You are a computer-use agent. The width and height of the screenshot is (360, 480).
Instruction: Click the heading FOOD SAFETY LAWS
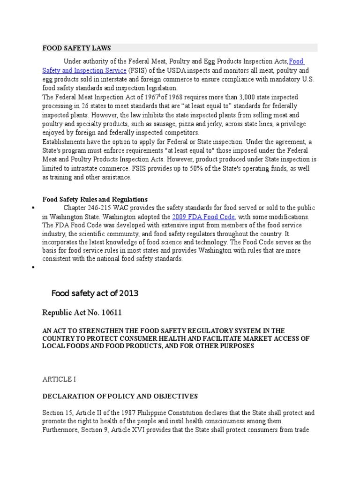pyautogui.click(x=76, y=48)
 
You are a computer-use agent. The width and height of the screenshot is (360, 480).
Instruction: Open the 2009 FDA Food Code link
pyautogui.click(x=203, y=217)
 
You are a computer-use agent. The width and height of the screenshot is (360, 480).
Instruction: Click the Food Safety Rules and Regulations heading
pyautogui.click(x=95, y=199)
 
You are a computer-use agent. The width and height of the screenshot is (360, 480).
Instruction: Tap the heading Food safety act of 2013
pyautogui.click(x=95, y=293)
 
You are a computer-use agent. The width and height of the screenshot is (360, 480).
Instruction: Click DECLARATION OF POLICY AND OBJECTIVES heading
pyautogui.click(x=120, y=396)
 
